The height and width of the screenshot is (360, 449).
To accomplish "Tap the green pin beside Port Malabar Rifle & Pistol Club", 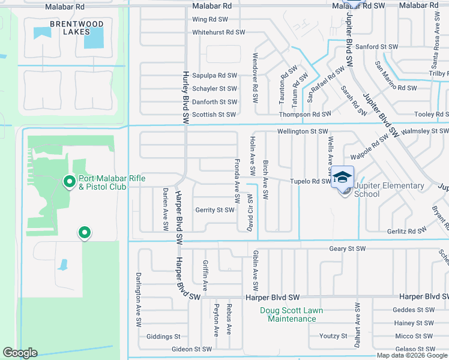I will pos(70,180).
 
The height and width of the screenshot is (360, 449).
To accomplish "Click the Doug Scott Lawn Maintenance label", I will pos(292,314).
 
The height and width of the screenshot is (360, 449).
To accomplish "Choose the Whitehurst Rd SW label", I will pos(218,32).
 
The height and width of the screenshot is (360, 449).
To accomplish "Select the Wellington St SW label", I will pos(303,131).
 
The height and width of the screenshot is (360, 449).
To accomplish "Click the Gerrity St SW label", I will pos(214,210).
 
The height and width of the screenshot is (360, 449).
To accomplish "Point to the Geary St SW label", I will pos(347,248).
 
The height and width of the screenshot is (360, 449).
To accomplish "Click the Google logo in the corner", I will pos(20,353).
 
